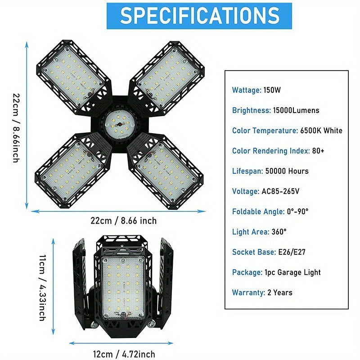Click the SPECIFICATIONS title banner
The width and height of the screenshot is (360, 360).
tap(199, 16)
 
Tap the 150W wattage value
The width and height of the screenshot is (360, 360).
tap(272, 90)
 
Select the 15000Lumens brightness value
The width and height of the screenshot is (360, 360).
tap(296, 110)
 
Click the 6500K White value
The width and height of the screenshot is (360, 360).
tap(321, 130)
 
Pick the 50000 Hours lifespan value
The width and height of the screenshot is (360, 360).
tap(287, 171)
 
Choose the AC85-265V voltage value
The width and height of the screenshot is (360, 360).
tap(280, 191)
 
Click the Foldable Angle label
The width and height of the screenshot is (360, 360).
tap(258, 211)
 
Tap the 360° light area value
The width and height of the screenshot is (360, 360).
tap(279, 232)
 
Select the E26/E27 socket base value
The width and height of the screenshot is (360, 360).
tap(292, 252)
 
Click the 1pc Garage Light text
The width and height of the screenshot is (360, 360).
tap(292, 272)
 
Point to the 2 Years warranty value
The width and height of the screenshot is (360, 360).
tap(280, 292)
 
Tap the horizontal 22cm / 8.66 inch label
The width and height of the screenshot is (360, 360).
tap(123, 220)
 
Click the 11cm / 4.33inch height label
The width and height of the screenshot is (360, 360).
tap(42, 288)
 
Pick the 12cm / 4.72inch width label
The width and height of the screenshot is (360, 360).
tap(124, 354)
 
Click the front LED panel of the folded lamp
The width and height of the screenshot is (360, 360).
tap(123, 288)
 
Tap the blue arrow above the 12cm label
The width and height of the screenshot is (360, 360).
tap(121, 343)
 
